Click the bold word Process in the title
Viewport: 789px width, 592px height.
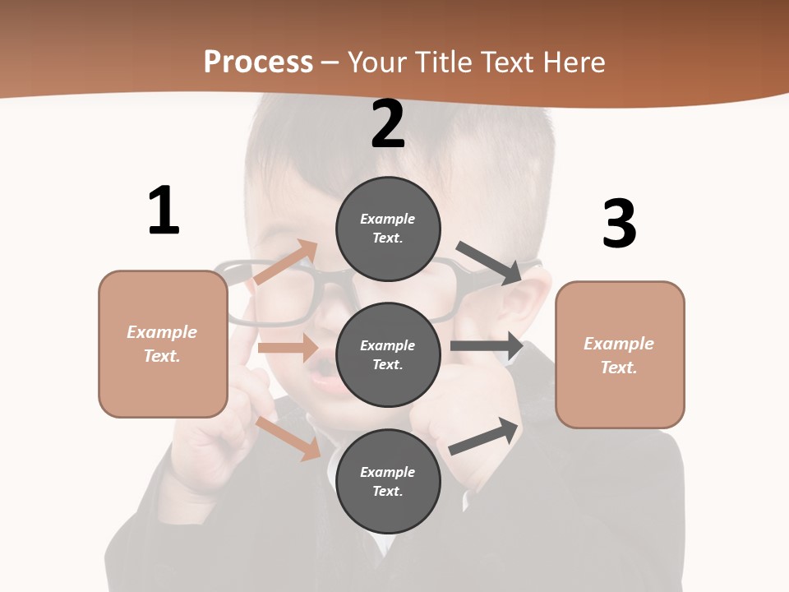click(258, 62)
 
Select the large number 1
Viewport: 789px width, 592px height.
click(164, 210)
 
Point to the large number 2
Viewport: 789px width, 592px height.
click(388, 124)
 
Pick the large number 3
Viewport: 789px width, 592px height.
click(620, 224)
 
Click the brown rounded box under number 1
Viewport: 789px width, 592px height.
click(163, 344)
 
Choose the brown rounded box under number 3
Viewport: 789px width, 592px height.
click(620, 355)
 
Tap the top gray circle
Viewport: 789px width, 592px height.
click(388, 229)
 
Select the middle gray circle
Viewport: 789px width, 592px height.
click(388, 354)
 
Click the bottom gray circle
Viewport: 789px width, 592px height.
click(388, 481)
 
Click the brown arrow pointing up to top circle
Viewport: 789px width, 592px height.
click(286, 262)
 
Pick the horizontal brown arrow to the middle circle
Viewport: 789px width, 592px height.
click(288, 348)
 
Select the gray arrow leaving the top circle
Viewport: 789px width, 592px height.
click(490, 263)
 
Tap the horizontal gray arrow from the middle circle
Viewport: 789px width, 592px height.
click(487, 346)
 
